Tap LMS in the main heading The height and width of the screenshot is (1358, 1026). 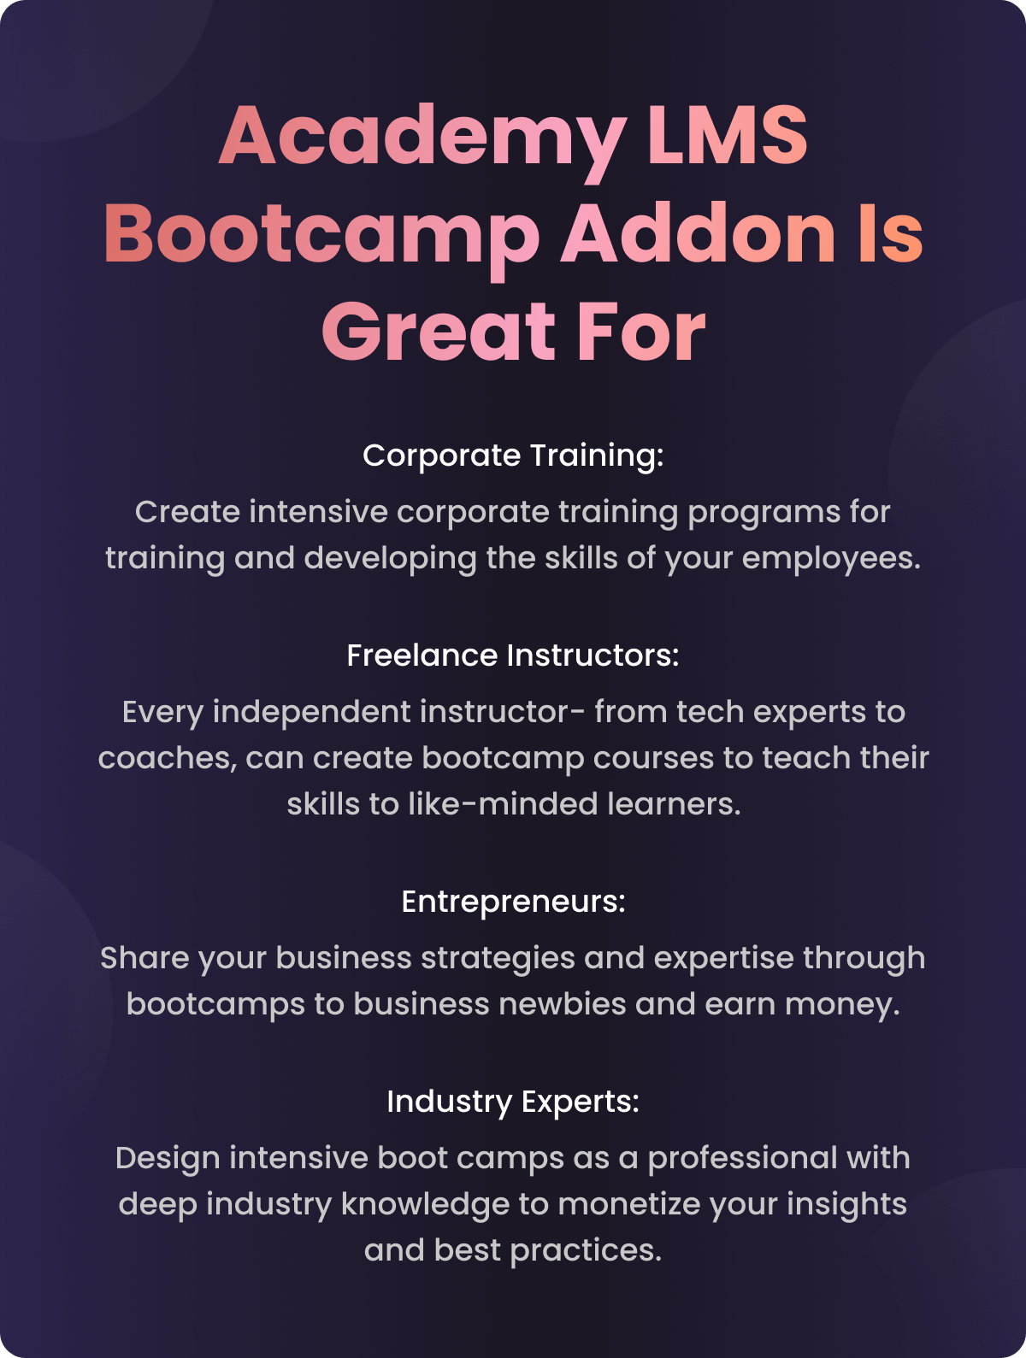(x=727, y=136)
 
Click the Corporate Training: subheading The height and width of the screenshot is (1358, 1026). (x=513, y=456)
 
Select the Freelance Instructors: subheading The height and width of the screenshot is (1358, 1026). (x=513, y=655)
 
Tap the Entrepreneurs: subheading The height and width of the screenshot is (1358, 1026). (x=513, y=902)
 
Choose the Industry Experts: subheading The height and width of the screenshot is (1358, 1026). (x=513, y=1102)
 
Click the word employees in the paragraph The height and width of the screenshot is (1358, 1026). (x=831, y=559)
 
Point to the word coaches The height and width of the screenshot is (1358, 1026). (x=168, y=759)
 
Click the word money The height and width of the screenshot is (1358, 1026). (x=842, y=1005)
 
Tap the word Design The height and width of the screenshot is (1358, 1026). (x=168, y=1160)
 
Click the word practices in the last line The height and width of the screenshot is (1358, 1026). (x=586, y=1251)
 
